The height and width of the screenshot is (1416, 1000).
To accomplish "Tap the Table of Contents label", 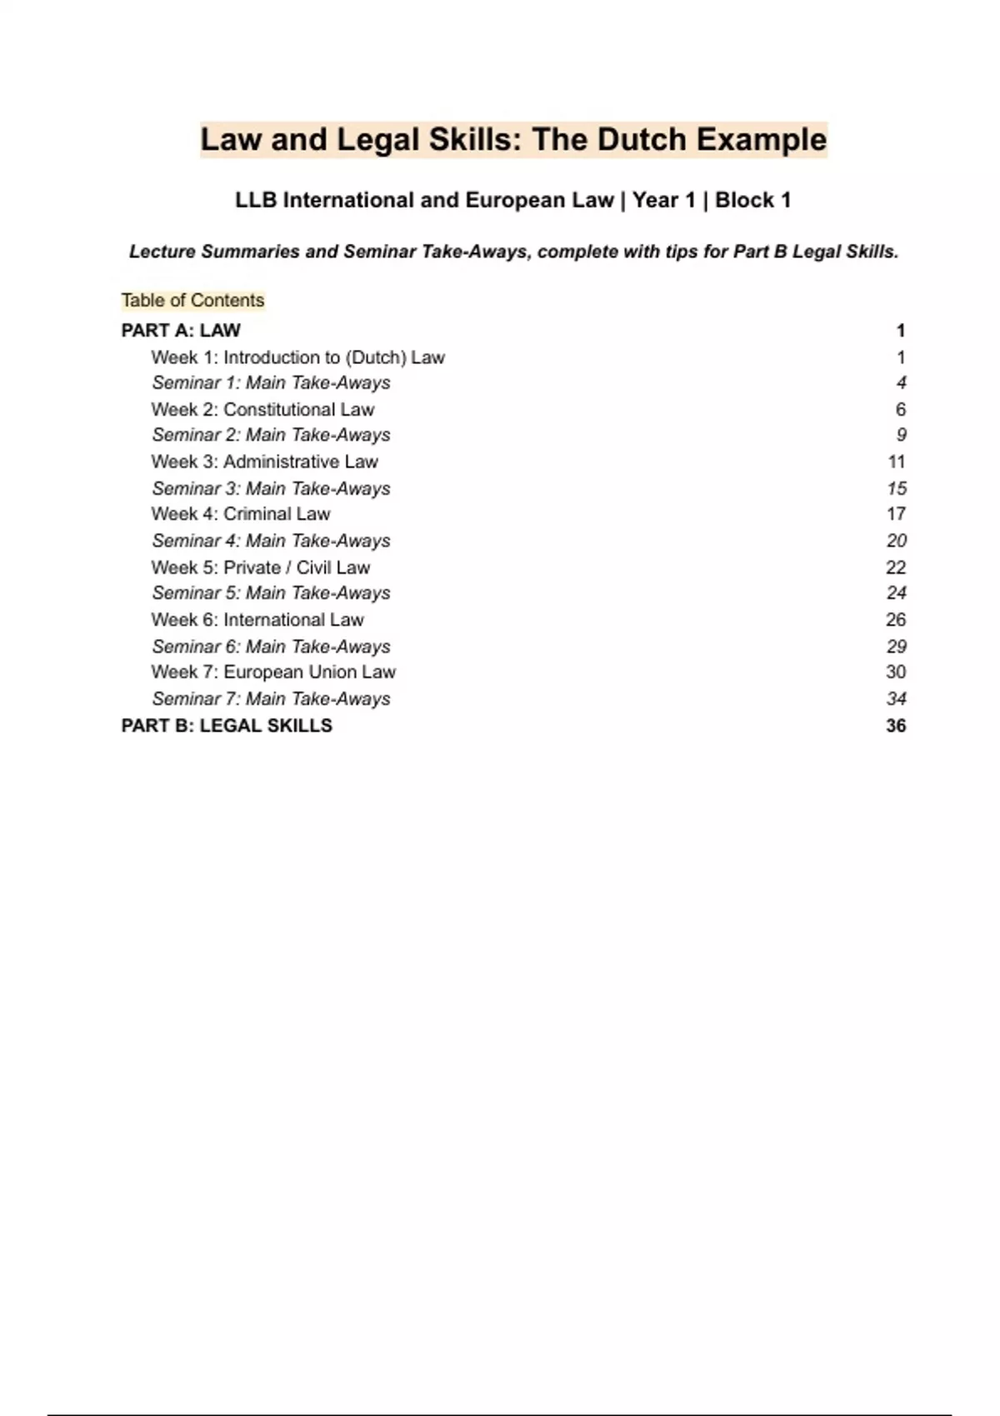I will tap(192, 301).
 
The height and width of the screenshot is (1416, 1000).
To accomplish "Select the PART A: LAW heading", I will tap(181, 331).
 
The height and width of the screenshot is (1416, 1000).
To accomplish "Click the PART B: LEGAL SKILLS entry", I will tap(227, 725).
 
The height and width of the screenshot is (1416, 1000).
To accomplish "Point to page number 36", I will tap(896, 725).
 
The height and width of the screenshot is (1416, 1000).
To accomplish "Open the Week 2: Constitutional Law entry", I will tap(262, 410).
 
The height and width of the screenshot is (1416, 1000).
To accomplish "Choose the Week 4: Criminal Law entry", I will tap(241, 514).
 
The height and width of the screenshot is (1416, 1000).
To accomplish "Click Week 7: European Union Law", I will tap(273, 672).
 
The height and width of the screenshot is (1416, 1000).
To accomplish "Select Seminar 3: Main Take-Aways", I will tap(271, 488).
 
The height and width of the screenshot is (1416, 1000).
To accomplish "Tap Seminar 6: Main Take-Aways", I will tap(271, 646).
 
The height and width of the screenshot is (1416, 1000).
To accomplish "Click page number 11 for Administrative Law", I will tap(897, 461).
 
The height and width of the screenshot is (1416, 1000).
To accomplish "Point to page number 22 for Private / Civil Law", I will tap(896, 567).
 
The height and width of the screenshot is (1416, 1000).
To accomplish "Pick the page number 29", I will tap(897, 646).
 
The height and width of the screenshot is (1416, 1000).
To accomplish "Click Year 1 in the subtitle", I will tap(663, 201).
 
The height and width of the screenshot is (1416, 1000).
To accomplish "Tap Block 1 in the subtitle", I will tap(752, 201).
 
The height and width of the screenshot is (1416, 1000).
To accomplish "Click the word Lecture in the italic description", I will tap(162, 252).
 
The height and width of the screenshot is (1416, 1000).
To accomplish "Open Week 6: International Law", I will tap(257, 620).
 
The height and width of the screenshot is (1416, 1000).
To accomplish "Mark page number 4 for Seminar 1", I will tap(901, 383).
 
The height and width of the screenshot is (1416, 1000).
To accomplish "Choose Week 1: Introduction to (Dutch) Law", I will tap(297, 357).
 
